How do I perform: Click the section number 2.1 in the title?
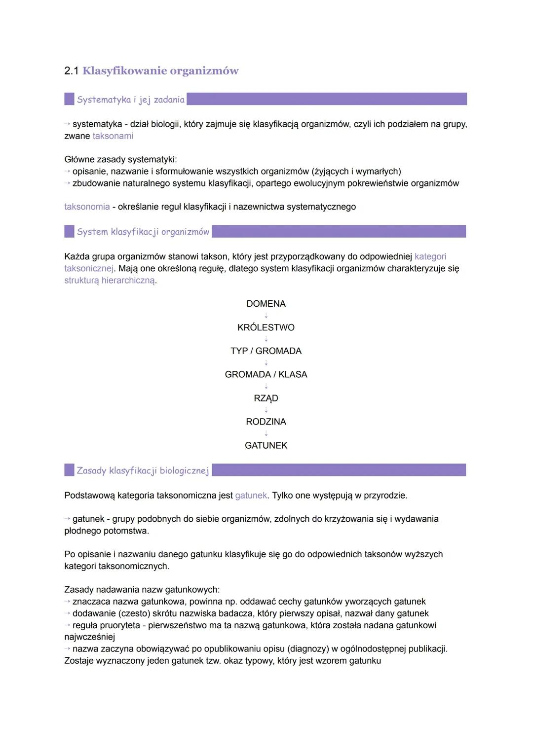point(71,71)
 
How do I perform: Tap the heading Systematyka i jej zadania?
point(131,100)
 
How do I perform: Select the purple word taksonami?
point(113,136)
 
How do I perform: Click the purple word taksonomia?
point(87,207)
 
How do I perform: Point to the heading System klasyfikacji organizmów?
point(143,232)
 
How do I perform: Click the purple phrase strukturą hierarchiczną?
point(110,281)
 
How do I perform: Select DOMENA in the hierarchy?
point(266,304)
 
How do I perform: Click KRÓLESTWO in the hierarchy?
point(266,327)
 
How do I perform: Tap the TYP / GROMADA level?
point(266,351)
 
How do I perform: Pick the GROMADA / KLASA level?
point(266,375)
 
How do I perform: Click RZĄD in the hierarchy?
point(266,398)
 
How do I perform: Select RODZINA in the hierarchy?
point(266,422)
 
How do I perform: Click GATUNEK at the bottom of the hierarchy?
point(266,446)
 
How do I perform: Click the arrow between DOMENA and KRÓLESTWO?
point(266,316)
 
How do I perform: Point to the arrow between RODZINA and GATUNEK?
point(266,434)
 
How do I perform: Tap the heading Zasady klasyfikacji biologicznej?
point(143,470)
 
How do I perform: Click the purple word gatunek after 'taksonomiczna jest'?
point(251,496)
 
